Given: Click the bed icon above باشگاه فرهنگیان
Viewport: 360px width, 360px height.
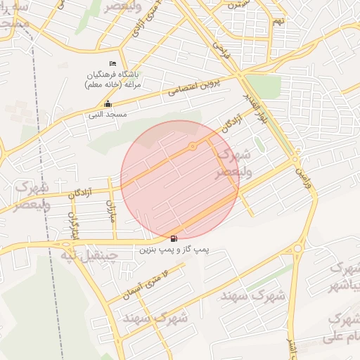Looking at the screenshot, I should pyautogui.click(x=114, y=64).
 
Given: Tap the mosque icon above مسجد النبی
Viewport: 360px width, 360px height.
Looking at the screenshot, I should pyautogui.click(x=107, y=104).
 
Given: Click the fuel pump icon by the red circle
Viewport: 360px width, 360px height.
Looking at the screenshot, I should pyautogui.click(x=174, y=238).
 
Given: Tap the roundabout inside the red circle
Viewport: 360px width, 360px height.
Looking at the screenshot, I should pyautogui.click(x=193, y=146).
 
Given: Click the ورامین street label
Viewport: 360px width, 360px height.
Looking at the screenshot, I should pyautogui.click(x=300, y=167).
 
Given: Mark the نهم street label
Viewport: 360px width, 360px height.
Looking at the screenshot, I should pyautogui.click(x=279, y=21).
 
